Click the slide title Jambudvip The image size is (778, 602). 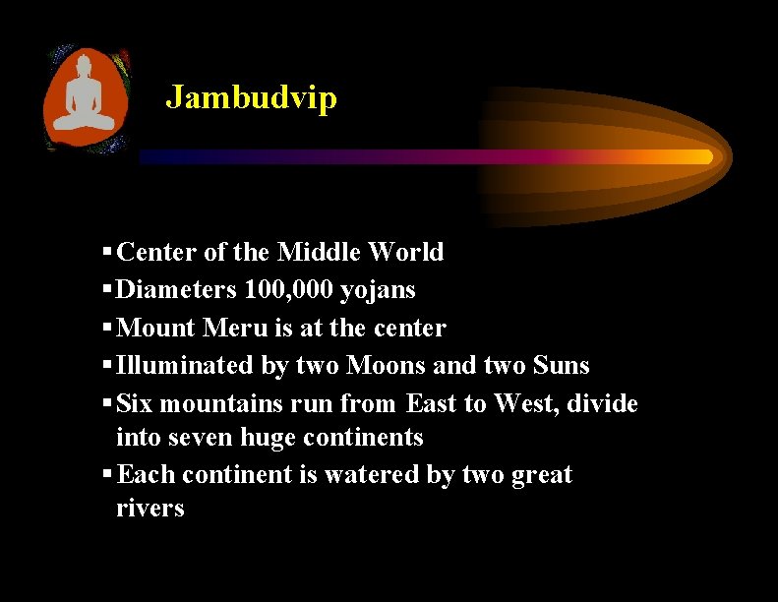click(251, 97)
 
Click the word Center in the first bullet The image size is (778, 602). click(156, 253)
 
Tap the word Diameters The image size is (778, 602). click(176, 290)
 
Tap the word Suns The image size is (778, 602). click(561, 365)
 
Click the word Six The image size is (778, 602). click(135, 403)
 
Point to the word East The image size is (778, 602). click(435, 403)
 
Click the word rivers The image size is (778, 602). click(150, 509)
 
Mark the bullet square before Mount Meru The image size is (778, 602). click(106, 328)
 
